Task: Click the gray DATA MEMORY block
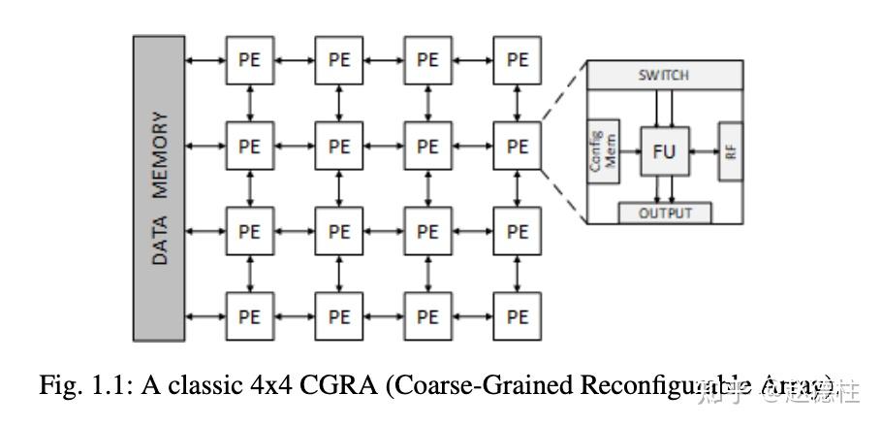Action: tap(158, 187)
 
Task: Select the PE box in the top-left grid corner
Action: tap(249, 59)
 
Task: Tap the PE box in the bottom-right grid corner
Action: tap(518, 316)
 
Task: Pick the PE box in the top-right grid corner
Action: tap(518, 59)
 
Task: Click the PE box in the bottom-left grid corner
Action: tap(249, 316)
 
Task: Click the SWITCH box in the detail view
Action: tap(663, 76)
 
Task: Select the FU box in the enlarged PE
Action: tap(663, 150)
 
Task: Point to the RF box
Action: tap(730, 151)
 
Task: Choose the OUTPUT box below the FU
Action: tap(664, 213)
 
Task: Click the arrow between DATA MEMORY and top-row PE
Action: tap(205, 60)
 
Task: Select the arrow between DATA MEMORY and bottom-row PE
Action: tap(205, 316)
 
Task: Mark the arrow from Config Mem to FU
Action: tap(629, 151)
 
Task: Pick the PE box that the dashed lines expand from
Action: tap(518, 146)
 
